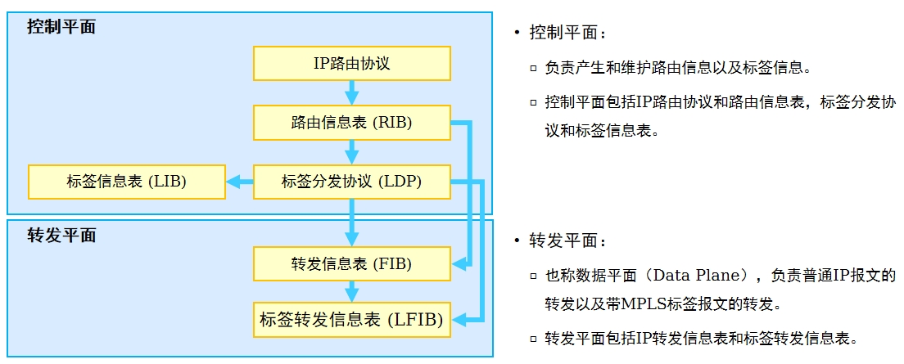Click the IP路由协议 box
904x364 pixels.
(x=351, y=63)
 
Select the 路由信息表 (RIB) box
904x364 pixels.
(x=351, y=122)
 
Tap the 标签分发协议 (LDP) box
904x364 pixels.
(x=351, y=182)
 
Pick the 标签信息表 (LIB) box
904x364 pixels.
(x=127, y=182)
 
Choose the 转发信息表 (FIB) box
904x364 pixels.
(x=351, y=263)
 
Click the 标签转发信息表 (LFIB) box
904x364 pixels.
(x=351, y=319)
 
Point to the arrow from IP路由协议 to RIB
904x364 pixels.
(x=351, y=92)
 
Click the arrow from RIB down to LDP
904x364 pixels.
(x=351, y=152)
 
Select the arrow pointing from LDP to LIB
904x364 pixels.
(x=240, y=182)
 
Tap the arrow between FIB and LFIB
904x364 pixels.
(x=351, y=291)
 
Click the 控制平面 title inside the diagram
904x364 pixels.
(x=61, y=26)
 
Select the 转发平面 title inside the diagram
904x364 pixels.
(x=61, y=235)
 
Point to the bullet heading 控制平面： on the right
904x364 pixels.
(x=568, y=33)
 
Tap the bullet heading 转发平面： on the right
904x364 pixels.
(x=568, y=240)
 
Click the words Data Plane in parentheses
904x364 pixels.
(x=700, y=276)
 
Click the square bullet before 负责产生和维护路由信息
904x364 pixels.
(x=533, y=69)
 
